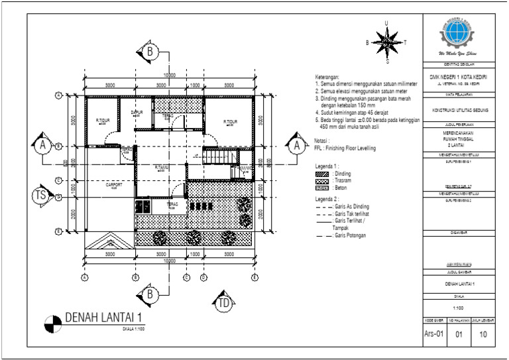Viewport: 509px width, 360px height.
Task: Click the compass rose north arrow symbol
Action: coord(387,42)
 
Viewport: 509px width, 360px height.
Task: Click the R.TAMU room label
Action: coord(161,168)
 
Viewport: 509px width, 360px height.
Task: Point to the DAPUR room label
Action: coord(137,113)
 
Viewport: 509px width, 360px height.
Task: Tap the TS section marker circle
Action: coord(40,196)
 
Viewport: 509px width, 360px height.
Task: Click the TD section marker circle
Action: coord(224,304)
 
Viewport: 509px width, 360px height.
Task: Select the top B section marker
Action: coord(150,51)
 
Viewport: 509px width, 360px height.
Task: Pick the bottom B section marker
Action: coord(150,294)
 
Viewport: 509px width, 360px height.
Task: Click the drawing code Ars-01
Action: coord(434,335)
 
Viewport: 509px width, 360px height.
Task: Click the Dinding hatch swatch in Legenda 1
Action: coord(322,174)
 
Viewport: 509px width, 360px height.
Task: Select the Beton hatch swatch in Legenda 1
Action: coord(322,188)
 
